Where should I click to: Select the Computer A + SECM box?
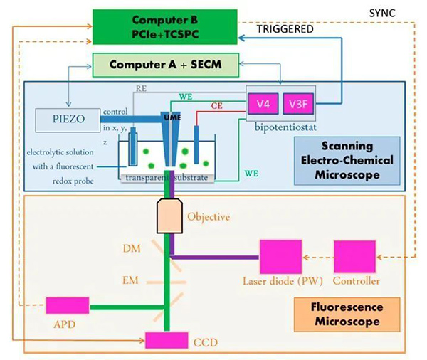167,64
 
